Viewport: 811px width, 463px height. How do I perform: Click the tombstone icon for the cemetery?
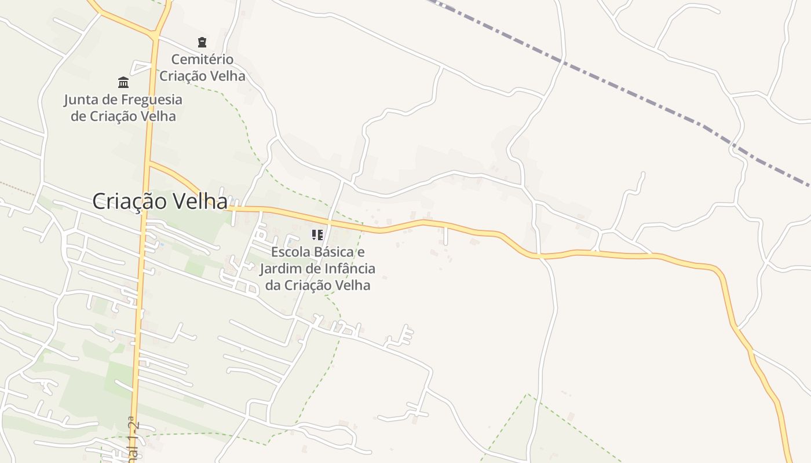202,42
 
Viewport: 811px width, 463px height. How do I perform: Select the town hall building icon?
123,82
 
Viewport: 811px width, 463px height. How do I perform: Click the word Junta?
82,100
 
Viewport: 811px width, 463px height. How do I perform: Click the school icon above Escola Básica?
317,234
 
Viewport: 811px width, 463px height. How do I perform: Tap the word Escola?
290,252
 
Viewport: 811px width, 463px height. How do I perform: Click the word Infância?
348,269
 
